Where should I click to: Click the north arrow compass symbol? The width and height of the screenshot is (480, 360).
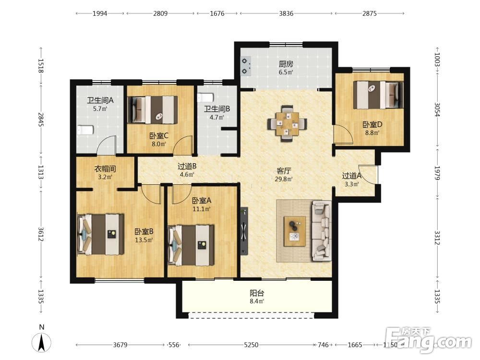tap(42, 342)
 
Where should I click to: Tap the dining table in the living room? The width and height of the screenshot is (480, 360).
tap(287, 124)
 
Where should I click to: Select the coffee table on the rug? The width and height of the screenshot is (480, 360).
tap(295, 231)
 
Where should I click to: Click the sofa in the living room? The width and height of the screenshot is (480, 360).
tap(321, 231)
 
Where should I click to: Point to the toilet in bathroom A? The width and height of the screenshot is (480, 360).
tap(85, 130)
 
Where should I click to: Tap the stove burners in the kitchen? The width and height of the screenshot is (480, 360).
tap(245, 66)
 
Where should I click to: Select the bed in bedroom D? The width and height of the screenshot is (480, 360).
tap(378, 95)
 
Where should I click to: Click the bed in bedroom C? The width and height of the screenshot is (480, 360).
tap(153, 110)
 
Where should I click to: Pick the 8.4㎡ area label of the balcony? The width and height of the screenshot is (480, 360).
tap(257, 301)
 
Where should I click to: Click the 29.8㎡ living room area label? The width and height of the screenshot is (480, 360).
tap(283, 180)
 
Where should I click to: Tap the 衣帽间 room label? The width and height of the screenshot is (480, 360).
tap(105, 168)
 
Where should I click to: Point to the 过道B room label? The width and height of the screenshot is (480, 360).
tap(187, 166)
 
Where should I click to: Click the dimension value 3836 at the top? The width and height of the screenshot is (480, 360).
tap(286, 13)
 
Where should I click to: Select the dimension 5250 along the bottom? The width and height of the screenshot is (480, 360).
tap(251, 345)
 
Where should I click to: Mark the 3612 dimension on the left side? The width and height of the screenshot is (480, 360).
tap(41, 234)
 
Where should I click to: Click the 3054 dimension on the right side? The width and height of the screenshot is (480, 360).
tap(437, 110)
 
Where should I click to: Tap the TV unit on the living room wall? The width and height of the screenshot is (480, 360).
tap(244, 231)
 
